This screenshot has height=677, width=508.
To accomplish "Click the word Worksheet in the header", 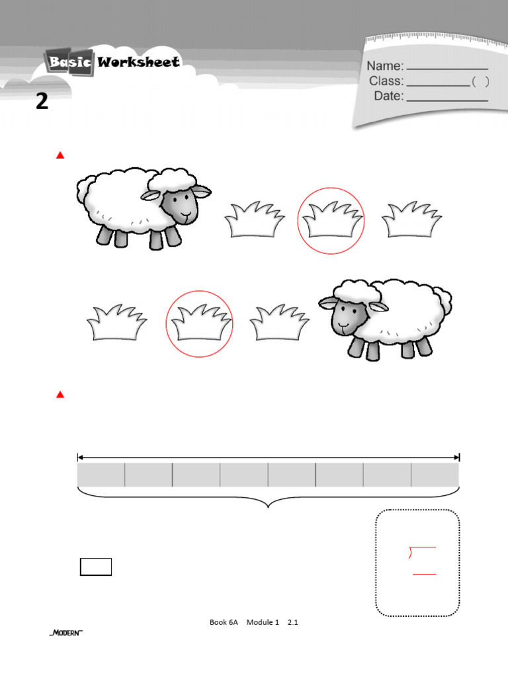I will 139,62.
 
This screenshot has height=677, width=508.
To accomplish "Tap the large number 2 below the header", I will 42,102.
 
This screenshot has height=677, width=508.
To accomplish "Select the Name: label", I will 385,66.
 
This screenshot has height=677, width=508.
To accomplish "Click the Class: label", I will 386,81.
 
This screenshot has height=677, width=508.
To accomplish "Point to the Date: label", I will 389,97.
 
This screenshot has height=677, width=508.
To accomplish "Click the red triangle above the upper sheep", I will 60,156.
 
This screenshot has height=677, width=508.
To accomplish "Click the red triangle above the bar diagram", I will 60,395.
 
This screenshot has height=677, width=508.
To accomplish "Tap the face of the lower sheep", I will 345,315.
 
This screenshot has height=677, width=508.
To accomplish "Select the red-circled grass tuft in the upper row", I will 331,220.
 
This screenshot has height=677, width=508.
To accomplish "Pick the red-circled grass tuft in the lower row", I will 199,323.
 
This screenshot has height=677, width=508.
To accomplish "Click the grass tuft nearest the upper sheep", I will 255,219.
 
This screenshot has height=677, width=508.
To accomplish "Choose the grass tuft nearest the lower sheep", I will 280,323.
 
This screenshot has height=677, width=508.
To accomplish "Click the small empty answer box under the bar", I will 96,567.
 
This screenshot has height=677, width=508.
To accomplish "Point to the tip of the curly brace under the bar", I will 269,508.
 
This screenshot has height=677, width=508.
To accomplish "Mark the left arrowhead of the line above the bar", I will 80,457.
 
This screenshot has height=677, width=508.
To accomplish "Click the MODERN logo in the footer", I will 66,633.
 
